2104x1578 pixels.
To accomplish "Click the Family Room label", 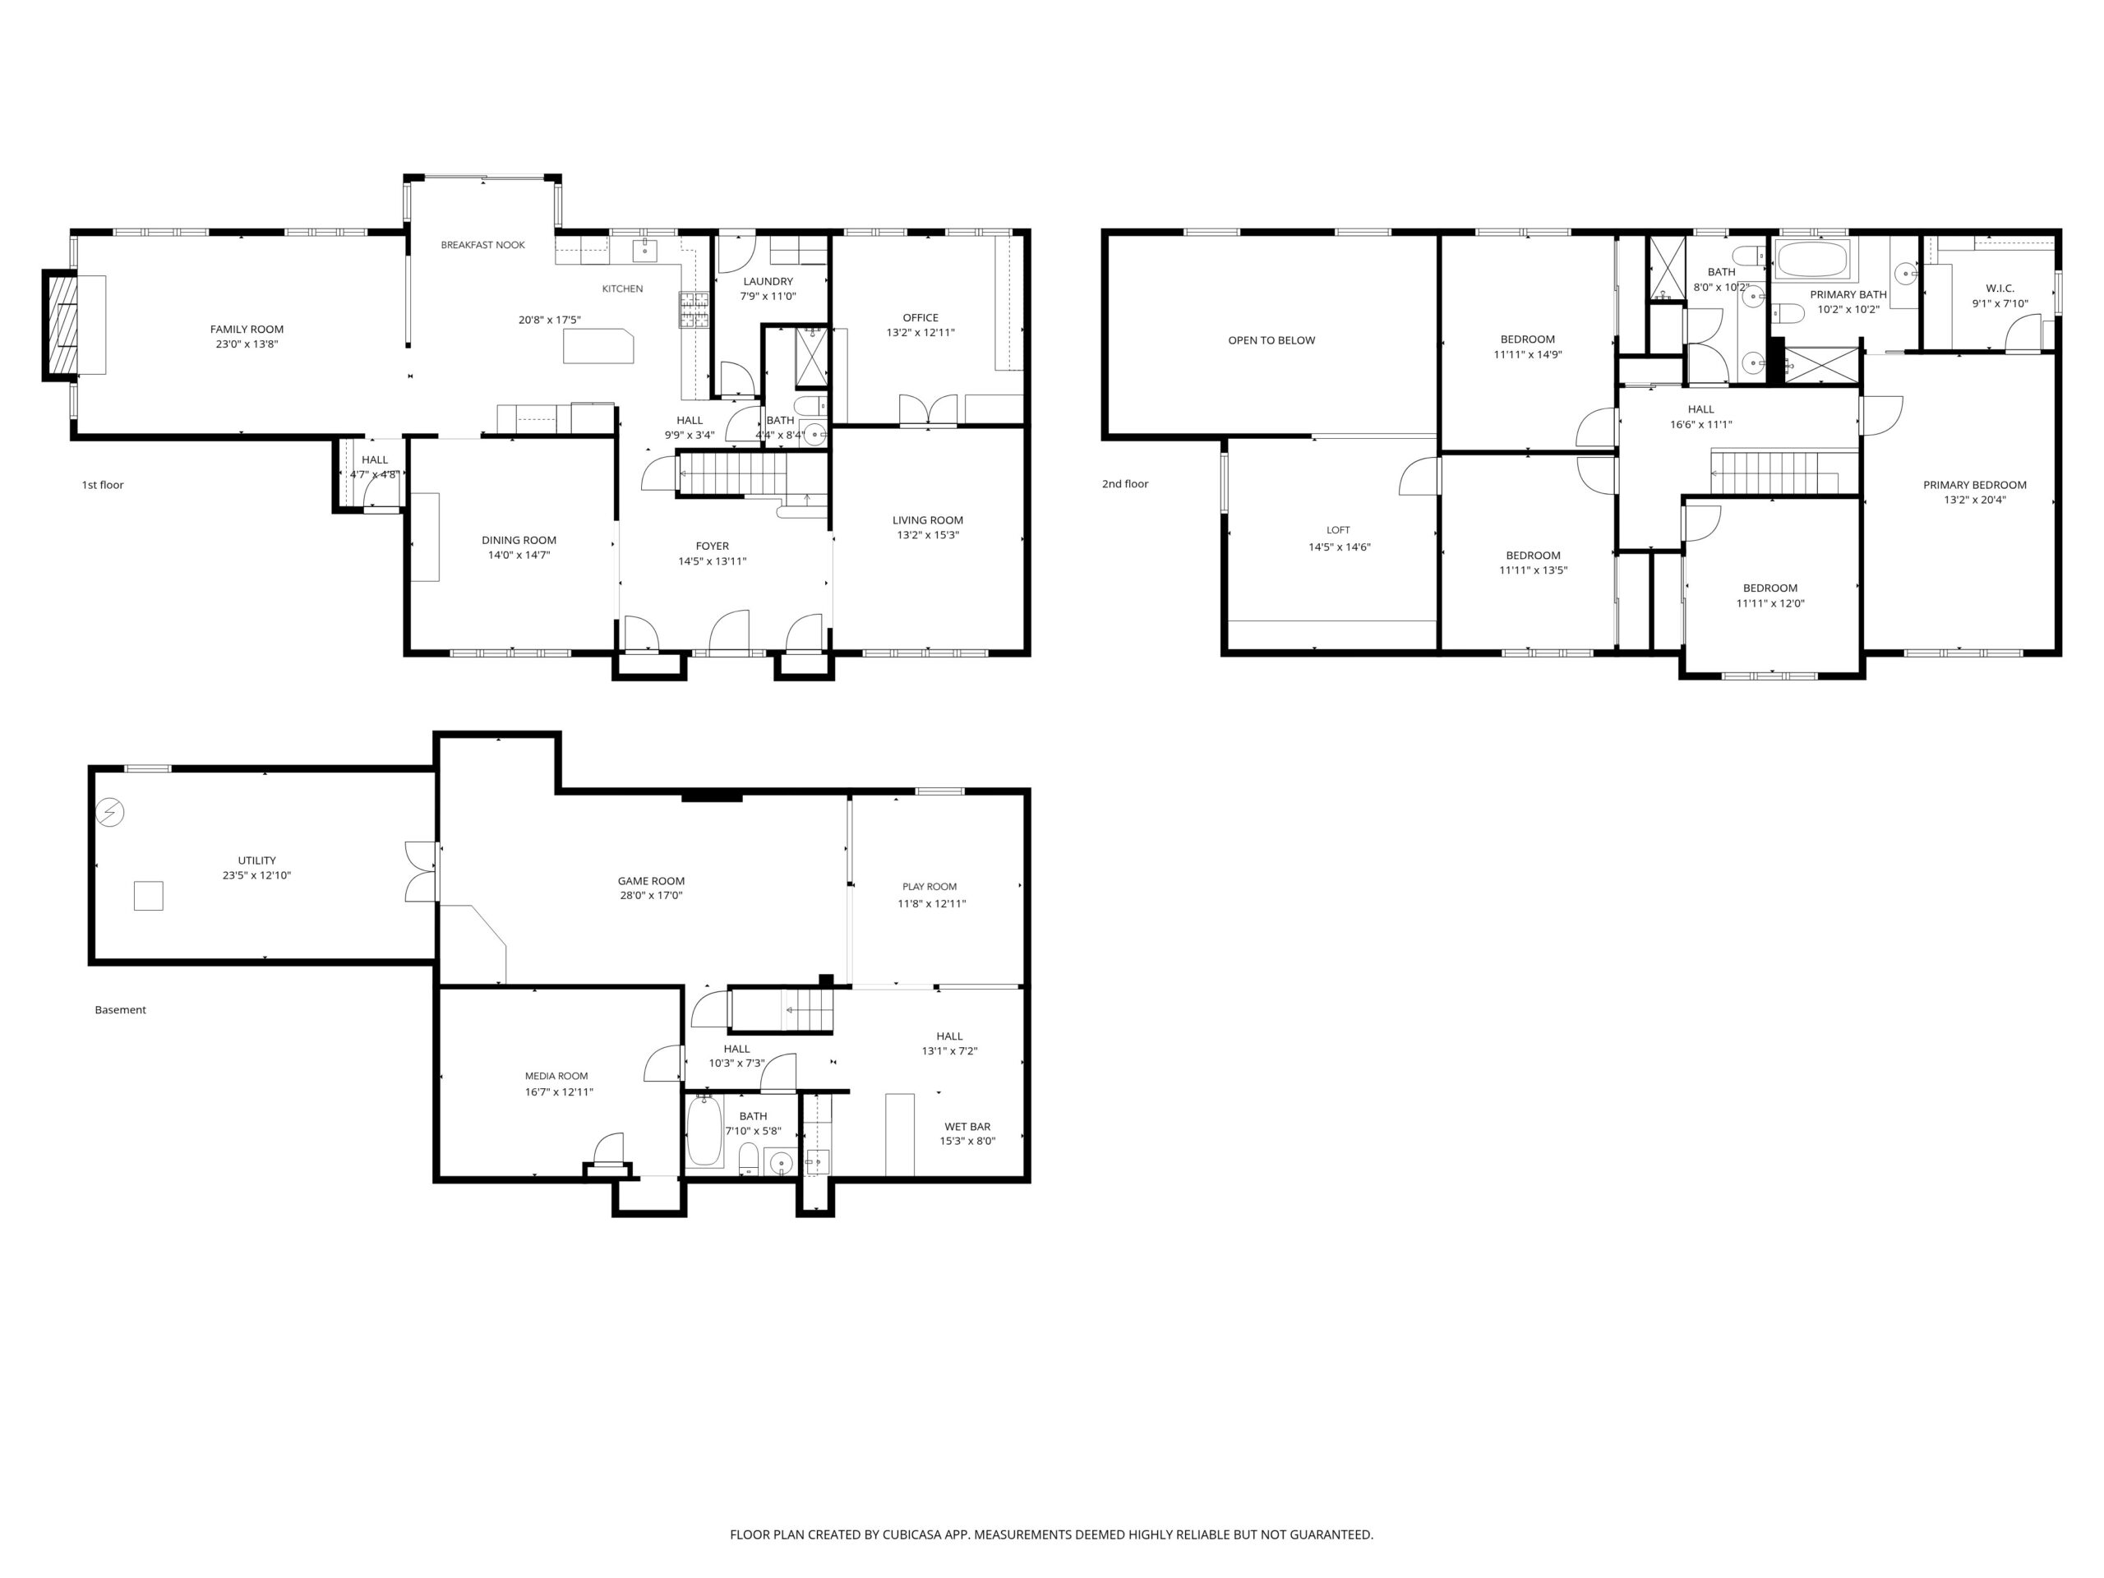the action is pos(247,329).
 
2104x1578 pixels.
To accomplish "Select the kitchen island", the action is pos(598,346).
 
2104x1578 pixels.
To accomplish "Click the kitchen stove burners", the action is pos(694,311).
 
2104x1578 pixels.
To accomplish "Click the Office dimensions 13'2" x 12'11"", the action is pos(920,333).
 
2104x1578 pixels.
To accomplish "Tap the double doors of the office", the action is pos(927,410).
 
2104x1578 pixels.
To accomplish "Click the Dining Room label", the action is pos(519,540).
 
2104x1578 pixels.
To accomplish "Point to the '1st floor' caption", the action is pos(103,485).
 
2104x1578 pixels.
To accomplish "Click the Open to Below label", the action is pos(1271,340).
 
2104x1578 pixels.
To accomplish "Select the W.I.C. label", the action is pos(2000,288).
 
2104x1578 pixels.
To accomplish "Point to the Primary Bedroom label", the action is pos(1975,485).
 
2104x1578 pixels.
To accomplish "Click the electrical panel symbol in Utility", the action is pos(110,812).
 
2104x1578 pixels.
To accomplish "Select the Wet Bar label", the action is pos(967,1127).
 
